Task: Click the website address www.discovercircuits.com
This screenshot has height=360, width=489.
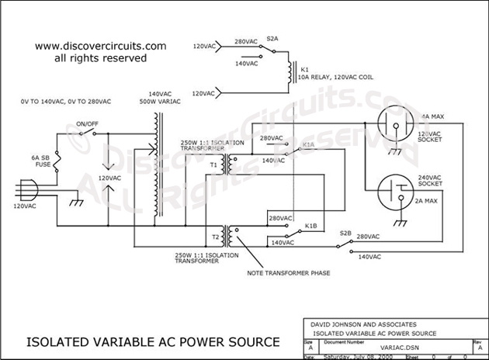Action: [101, 46]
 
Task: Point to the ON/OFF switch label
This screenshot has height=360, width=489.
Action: [87, 123]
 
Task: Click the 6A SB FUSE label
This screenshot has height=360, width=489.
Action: [41, 162]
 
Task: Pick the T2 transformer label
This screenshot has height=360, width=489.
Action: [214, 236]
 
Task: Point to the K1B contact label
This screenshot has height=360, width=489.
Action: [310, 226]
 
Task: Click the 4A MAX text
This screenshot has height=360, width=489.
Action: [432, 116]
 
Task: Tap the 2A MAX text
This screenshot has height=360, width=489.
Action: [432, 199]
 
